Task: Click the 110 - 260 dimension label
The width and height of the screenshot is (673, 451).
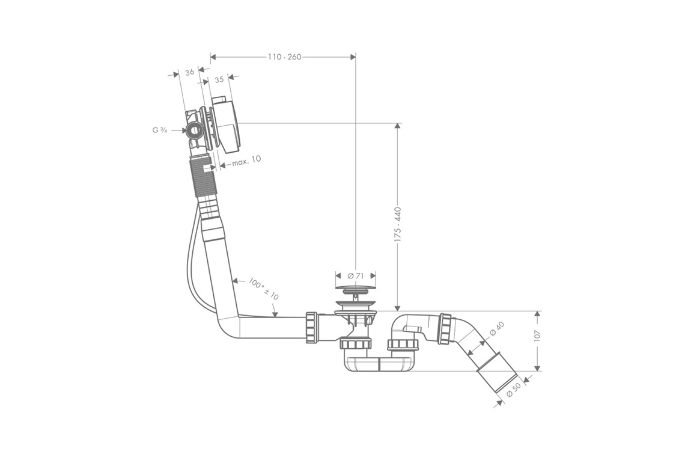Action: click(284, 57)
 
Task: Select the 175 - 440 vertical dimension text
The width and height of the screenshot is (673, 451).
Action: click(397, 224)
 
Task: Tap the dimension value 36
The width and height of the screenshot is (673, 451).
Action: click(189, 72)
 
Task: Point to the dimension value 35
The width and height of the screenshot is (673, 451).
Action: click(219, 79)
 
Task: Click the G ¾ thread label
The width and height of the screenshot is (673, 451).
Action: click(160, 129)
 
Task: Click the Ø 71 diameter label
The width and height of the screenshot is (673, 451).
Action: click(356, 276)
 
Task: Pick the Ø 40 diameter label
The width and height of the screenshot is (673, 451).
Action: click(496, 330)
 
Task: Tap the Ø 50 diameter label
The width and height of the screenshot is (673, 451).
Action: click(513, 388)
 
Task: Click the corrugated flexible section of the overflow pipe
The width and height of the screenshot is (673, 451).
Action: click(203, 179)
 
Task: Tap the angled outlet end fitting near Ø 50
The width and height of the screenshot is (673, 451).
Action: click(496, 376)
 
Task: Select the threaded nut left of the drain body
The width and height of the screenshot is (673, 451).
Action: click(312, 327)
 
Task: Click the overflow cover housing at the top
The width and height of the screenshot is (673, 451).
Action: click(226, 127)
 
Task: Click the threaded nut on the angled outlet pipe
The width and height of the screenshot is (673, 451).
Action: click(445, 329)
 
